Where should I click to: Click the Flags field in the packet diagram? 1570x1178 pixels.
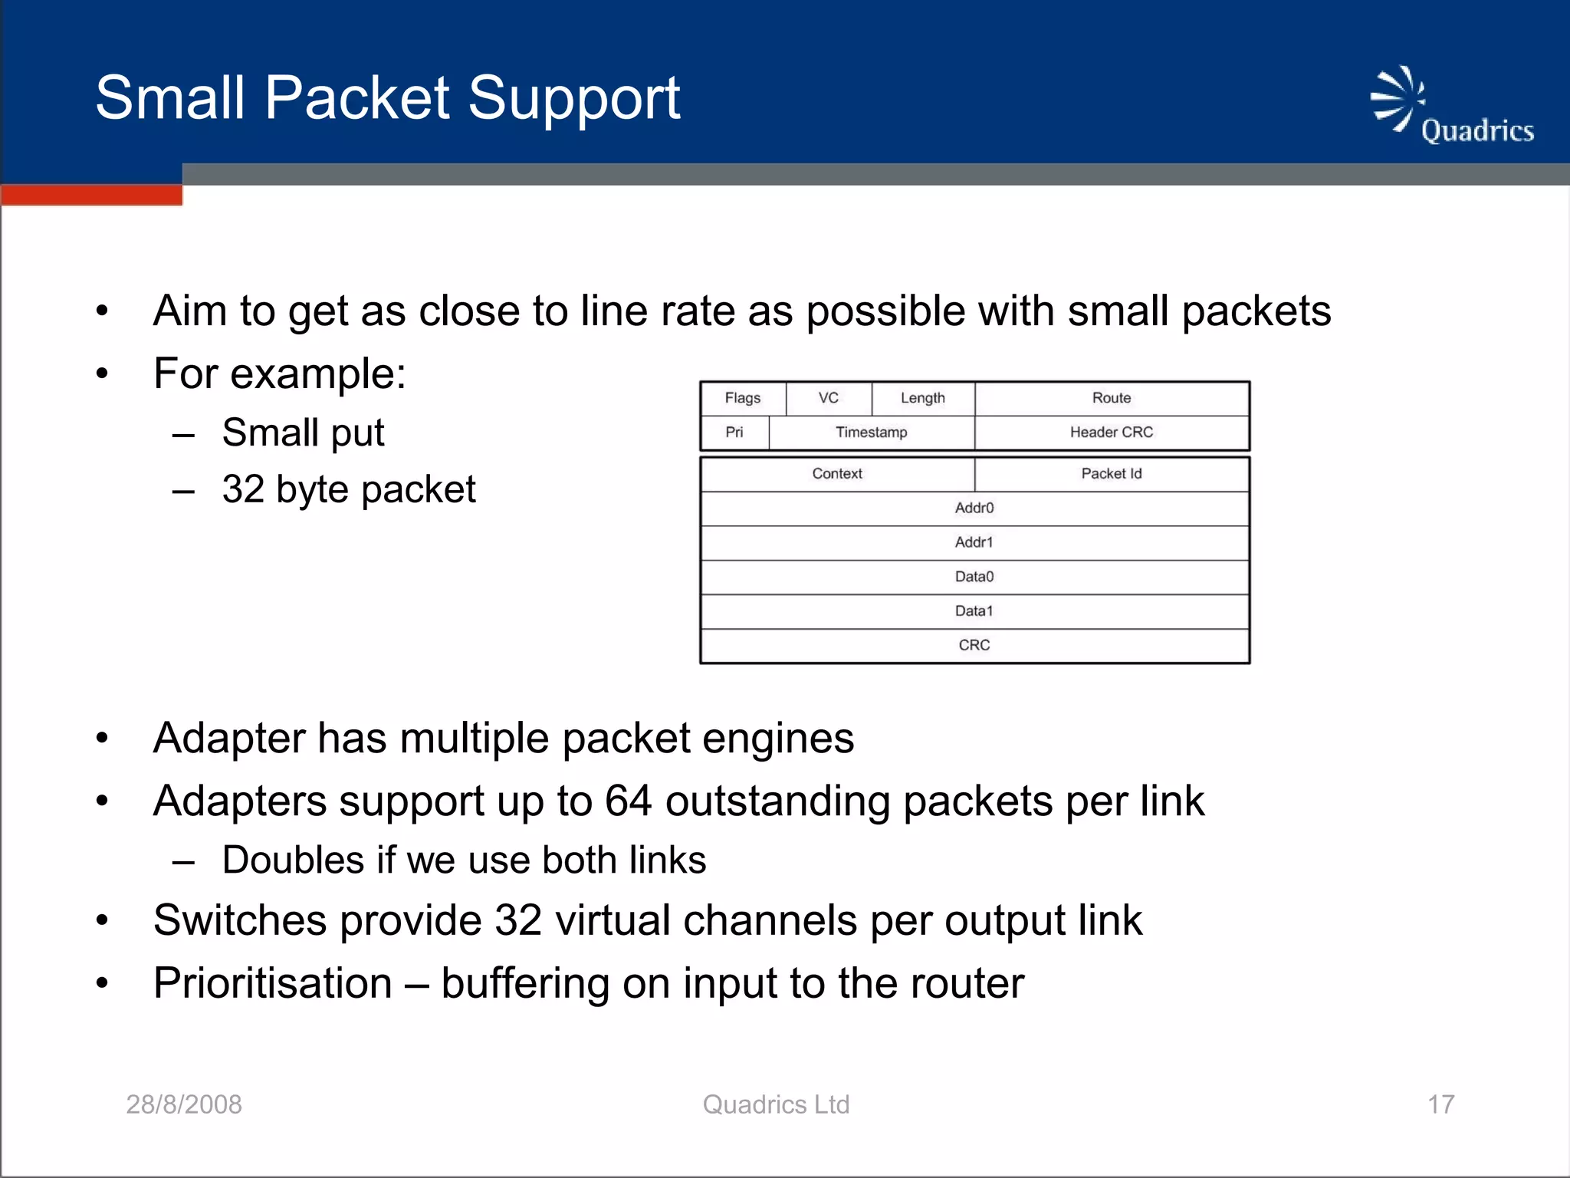pyautogui.click(x=742, y=398)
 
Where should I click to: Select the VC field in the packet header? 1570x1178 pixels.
pyautogui.click(x=829, y=398)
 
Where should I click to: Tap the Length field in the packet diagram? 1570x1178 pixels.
pyautogui.click(x=923, y=398)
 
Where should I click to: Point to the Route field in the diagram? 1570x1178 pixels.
pyautogui.click(x=1112, y=398)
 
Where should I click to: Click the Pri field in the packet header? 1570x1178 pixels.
pyautogui.click(x=734, y=433)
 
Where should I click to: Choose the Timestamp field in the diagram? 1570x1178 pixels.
pyautogui.click(x=872, y=433)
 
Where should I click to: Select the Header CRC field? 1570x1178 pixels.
pyautogui.click(x=1112, y=433)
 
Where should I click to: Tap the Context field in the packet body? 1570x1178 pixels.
pyautogui.click(x=837, y=474)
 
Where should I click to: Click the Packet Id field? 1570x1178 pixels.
pyautogui.click(x=1112, y=474)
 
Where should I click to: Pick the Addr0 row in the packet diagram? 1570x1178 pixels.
pyautogui.click(x=974, y=508)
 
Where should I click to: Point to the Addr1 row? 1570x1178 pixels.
pyautogui.click(x=974, y=543)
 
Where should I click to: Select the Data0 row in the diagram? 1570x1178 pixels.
pyautogui.click(x=974, y=577)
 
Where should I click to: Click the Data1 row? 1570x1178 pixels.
pyautogui.click(x=974, y=611)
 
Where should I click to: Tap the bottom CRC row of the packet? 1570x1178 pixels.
pyautogui.click(x=974, y=646)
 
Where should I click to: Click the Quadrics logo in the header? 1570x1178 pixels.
pyautogui.click(x=1451, y=107)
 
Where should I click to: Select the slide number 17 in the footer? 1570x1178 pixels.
pyautogui.click(x=1440, y=1104)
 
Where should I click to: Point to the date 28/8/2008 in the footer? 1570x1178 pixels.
pyautogui.click(x=184, y=1104)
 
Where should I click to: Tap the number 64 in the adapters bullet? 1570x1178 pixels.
pyautogui.click(x=628, y=801)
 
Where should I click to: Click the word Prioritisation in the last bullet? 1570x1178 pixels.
pyautogui.click(x=273, y=983)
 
